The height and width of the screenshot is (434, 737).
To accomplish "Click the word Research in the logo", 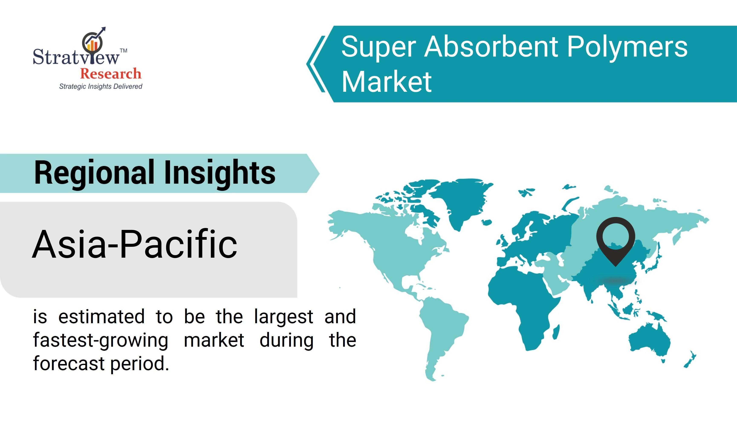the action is [111, 73].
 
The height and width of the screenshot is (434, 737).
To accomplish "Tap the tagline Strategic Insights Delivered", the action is [101, 87].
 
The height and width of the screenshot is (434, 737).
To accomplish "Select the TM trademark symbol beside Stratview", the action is [124, 51].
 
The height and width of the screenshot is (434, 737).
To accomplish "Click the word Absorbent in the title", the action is [491, 47].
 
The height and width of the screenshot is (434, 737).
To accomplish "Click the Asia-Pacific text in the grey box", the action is [134, 244].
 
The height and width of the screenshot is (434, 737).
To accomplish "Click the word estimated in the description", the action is [101, 317].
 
